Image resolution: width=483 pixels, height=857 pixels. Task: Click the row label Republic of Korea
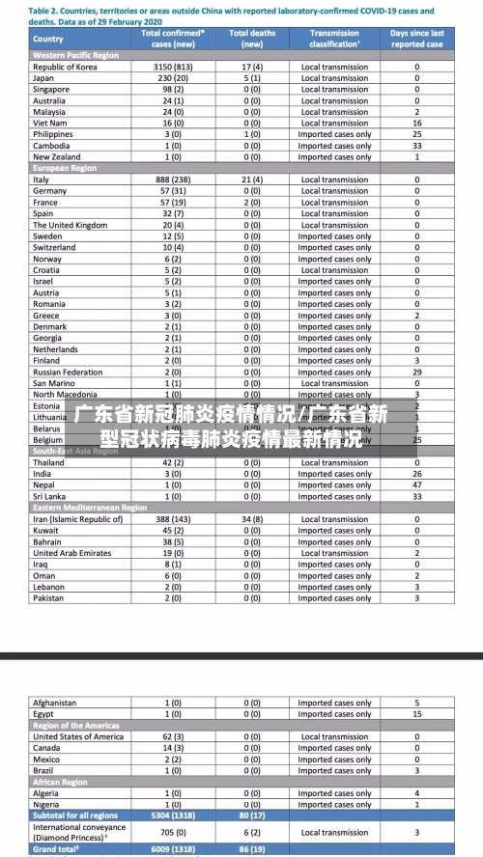65,67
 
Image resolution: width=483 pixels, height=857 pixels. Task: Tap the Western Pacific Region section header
76,55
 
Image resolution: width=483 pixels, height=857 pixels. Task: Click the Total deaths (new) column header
252,39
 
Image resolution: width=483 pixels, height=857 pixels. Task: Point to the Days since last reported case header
417,39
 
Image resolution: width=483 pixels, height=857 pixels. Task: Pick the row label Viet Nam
50,124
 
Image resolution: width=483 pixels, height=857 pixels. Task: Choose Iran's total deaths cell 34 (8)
252,519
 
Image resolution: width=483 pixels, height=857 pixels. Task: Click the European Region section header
65,168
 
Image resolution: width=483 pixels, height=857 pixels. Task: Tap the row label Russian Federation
68,372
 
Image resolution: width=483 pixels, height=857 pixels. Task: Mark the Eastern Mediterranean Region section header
90,508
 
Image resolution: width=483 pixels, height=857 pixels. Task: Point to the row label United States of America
78,736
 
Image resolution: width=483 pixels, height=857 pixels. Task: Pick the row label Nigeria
47,804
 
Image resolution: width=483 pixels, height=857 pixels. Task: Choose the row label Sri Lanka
50,496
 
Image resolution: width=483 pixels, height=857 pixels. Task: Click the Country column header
48,39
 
